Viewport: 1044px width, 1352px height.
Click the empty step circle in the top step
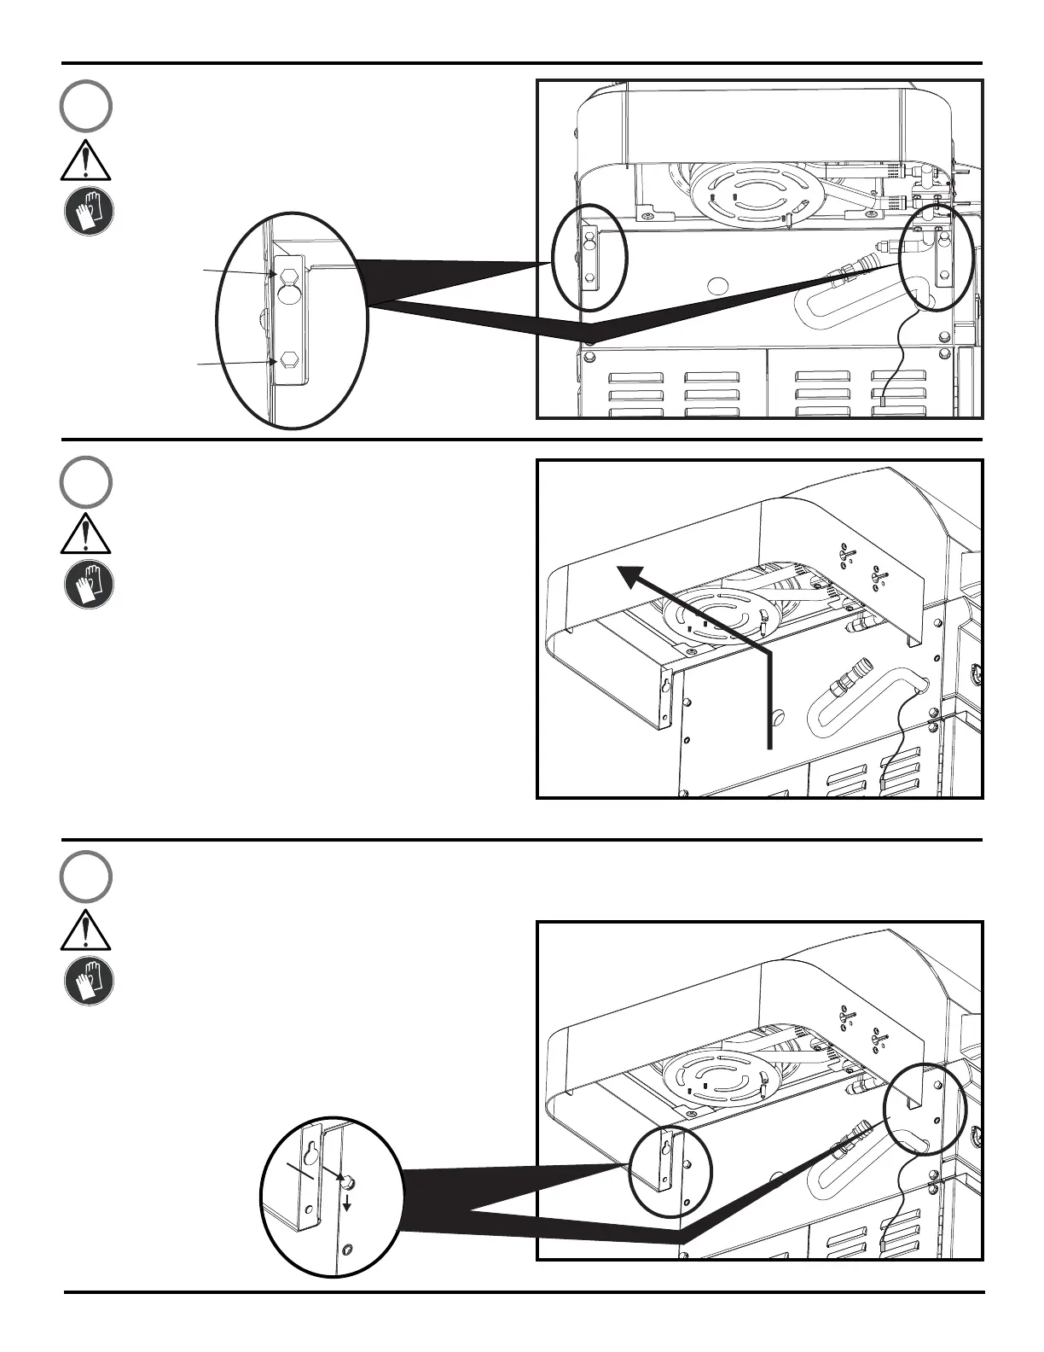tap(86, 106)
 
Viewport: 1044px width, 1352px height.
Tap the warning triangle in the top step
tap(86, 162)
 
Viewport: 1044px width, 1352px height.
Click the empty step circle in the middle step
tap(86, 482)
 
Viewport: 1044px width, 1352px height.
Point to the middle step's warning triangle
tap(86, 536)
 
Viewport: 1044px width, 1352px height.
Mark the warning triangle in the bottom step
tap(86, 930)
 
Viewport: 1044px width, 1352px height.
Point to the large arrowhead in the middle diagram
tap(635, 580)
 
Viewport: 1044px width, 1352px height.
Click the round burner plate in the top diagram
tap(748, 194)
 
